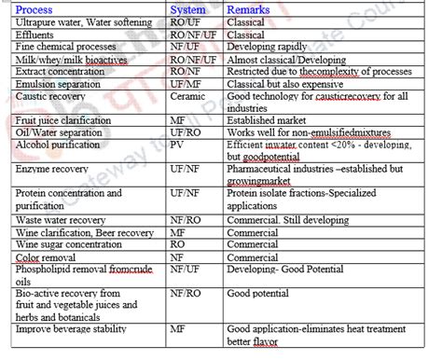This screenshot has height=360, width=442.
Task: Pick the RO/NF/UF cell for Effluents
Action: coord(190,35)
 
